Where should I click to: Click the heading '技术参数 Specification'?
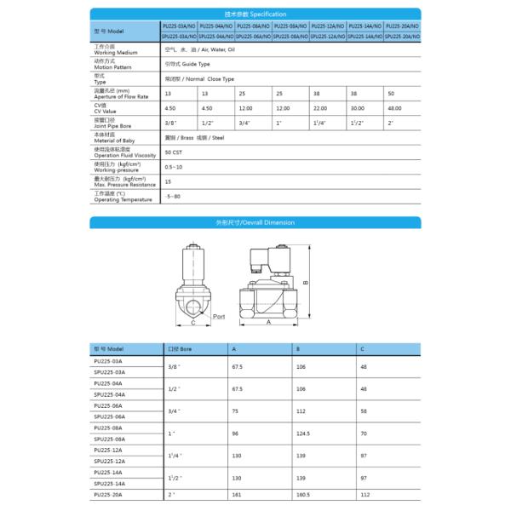(255, 14)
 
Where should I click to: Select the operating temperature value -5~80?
(173, 197)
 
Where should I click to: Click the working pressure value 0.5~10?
(173, 166)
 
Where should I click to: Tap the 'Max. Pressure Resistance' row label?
(125, 181)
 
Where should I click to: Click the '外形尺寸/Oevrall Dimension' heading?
(255, 221)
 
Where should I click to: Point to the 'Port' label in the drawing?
(218, 316)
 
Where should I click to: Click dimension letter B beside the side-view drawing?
(306, 284)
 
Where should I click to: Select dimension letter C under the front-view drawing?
(193, 324)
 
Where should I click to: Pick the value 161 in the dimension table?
(238, 494)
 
